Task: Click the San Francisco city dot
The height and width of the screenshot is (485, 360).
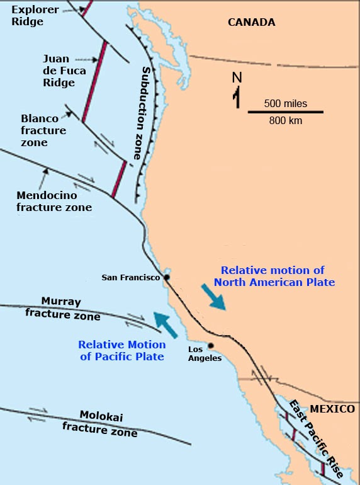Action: click(x=167, y=277)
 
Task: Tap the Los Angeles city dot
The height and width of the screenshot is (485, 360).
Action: click(x=210, y=345)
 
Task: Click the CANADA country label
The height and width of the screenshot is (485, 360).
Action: click(x=252, y=23)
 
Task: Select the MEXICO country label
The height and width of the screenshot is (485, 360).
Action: click(x=332, y=409)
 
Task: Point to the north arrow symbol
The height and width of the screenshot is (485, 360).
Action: click(x=237, y=91)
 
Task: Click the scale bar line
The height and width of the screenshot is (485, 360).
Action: click(x=285, y=112)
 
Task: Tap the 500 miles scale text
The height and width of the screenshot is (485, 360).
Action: click(x=286, y=103)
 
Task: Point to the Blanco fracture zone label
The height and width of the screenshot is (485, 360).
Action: click(x=43, y=130)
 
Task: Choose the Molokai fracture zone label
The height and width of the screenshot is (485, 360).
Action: click(x=99, y=423)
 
